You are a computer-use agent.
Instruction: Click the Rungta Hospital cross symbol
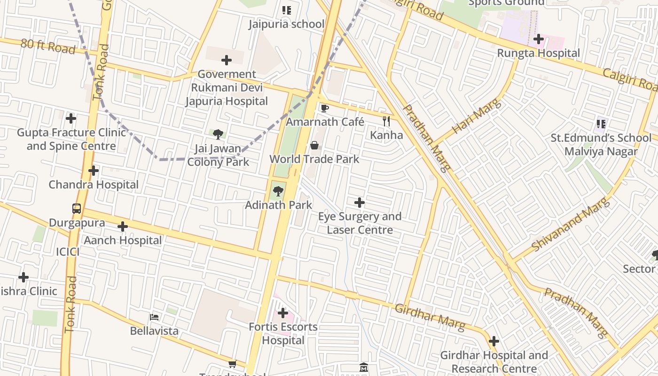(x=539, y=39)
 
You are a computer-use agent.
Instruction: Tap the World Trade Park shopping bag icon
(x=314, y=145)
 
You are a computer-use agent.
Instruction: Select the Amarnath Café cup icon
(x=324, y=109)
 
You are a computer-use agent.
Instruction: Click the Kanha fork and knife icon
(x=386, y=121)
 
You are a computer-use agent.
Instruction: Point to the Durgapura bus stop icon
(x=77, y=209)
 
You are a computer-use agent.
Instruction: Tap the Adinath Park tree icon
(x=278, y=191)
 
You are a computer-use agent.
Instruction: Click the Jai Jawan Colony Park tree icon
(x=218, y=134)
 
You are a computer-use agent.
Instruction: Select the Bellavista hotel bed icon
(x=154, y=317)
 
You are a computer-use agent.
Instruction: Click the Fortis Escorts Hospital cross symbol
(x=283, y=313)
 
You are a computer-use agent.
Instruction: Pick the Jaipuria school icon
(x=286, y=10)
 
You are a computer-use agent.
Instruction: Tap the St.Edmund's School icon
(x=601, y=124)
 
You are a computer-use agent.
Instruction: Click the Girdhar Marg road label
(x=430, y=316)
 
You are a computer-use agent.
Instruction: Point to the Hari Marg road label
(x=476, y=116)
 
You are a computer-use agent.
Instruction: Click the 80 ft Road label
(x=48, y=46)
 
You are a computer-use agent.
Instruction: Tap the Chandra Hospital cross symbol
(x=94, y=171)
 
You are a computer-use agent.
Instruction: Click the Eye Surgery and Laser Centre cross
(x=360, y=203)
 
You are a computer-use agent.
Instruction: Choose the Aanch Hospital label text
(x=123, y=241)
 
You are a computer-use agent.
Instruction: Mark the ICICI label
(x=68, y=252)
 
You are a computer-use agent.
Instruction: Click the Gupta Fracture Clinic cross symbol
(x=71, y=118)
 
